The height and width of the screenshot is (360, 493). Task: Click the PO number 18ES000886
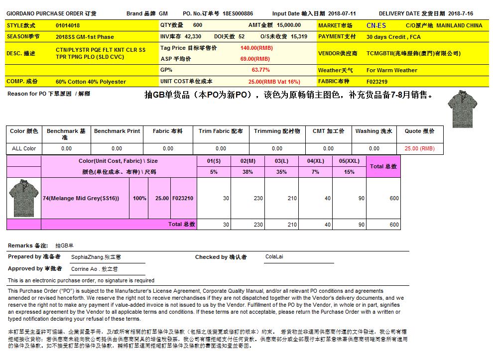tap(238, 14)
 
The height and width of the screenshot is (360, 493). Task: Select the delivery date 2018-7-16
tap(461, 14)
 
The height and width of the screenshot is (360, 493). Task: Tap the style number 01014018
tap(68, 25)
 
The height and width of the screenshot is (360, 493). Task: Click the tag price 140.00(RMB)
tap(256, 48)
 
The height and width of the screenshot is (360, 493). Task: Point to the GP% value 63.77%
tap(261, 70)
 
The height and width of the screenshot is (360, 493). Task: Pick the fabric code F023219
tap(377, 82)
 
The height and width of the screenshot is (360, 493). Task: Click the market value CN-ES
tap(376, 25)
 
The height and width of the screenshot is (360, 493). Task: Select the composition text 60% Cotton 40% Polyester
tap(91, 82)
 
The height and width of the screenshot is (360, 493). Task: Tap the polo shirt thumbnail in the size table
tap(23, 198)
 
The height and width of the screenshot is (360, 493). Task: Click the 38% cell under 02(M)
tap(247, 172)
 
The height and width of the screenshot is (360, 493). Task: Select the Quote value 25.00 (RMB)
tap(419, 148)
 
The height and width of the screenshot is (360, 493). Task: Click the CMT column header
tap(328, 131)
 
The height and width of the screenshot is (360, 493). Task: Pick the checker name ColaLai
tap(275, 257)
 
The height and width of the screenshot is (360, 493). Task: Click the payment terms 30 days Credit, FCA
tap(393, 37)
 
